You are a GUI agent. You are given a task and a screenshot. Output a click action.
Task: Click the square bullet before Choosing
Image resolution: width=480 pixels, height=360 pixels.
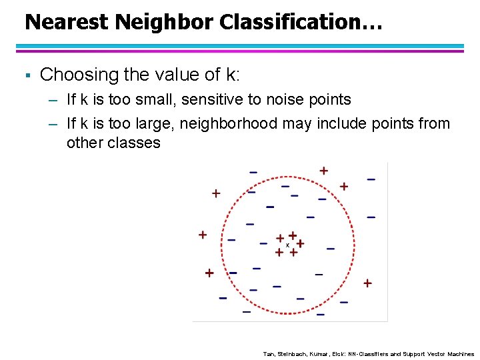(27, 75)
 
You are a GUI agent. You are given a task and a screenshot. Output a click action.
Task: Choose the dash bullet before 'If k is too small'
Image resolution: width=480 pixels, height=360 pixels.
(53, 101)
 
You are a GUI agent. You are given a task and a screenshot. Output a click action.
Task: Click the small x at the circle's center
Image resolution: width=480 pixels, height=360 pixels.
(287, 245)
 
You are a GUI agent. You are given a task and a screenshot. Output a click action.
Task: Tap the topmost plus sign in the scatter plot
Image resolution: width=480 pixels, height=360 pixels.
(323, 171)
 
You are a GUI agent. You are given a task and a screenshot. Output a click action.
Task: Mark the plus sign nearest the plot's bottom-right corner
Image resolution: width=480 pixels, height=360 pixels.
(367, 283)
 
